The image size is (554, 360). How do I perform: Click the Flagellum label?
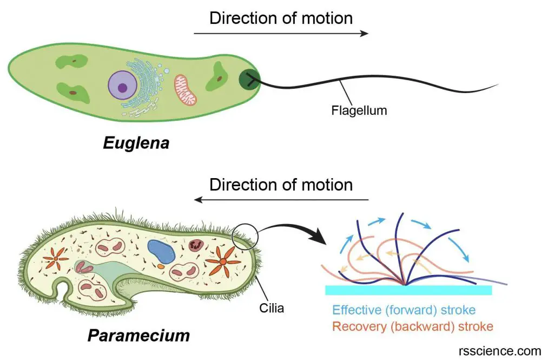tap(359, 110)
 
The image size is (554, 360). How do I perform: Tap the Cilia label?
tap(272, 309)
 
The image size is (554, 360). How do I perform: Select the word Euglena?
tap(136, 143)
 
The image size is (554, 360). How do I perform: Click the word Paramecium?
tap(138, 336)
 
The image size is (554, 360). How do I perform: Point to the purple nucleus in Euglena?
tap(123, 86)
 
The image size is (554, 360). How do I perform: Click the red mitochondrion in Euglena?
tap(185, 90)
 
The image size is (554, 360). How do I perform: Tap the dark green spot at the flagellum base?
tap(249, 80)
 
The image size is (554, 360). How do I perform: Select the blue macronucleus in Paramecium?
tap(161, 251)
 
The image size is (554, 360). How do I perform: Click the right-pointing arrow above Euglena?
tap(281, 34)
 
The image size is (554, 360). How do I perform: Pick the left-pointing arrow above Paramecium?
tap(281, 200)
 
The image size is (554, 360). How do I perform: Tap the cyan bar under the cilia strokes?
tap(408, 290)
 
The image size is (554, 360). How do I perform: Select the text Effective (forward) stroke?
tap(404, 310)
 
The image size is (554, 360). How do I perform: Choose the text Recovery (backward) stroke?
tap(413, 326)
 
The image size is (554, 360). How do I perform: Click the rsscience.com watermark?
tap(500, 351)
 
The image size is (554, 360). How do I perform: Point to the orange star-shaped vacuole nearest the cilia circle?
tap(222, 261)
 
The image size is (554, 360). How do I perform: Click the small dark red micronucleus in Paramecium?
tap(195, 244)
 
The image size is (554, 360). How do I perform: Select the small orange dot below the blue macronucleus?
tap(161, 266)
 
